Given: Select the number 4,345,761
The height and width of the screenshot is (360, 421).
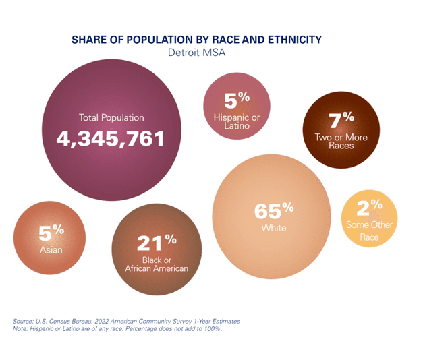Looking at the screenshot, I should click(x=111, y=139).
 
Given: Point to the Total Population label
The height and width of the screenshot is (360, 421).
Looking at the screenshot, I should click(x=111, y=118).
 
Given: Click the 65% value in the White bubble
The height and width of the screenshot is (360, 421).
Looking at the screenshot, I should click(x=274, y=210).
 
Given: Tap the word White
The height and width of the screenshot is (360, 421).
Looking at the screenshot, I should click(x=274, y=228).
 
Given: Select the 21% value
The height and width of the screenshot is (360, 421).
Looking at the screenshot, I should click(x=157, y=241).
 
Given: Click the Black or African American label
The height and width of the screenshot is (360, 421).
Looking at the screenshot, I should click(x=157, y=263).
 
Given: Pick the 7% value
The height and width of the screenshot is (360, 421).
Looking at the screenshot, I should click(x=341, y=120).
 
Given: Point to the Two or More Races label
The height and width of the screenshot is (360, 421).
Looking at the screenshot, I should click(x=341, y=142).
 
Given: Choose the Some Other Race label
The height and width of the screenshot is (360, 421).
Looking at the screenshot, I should click(x=368, y=231).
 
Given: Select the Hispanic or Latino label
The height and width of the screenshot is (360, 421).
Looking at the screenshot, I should click(x=237, y=121).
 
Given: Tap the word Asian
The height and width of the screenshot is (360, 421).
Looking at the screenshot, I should click(x=51, y=250).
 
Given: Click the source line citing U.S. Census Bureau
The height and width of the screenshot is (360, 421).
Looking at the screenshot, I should click(x=126, y=321).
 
